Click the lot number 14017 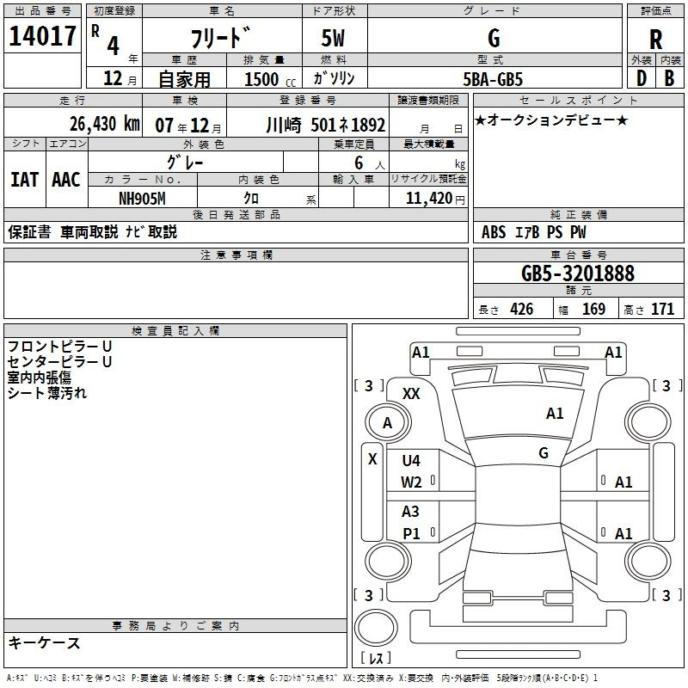(x=42, y=36)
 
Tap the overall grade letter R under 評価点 (x=655, y=40)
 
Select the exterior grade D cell (x=641, y=78)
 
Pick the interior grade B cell (x=669, y=78)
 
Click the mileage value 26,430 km (x=104, y=124)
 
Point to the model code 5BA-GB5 (x=493, y=79)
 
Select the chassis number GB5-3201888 (x=578, y=273)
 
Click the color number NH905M (x=142, y=199)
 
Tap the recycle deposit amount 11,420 (x=429, y=199)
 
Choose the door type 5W (x=333, y=38)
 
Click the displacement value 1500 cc (x=270, y=79)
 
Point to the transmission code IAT (x=24, y=180)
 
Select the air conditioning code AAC (x=66, y=180)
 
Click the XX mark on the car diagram (x=411, y=394)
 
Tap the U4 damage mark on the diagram (x=411, y=460)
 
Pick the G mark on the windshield (x=544, y=452)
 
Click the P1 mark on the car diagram (x=411, y=533)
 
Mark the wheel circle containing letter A (x=388, y=422)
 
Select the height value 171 (x=662, y=309)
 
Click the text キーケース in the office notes (x=44, y=642)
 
